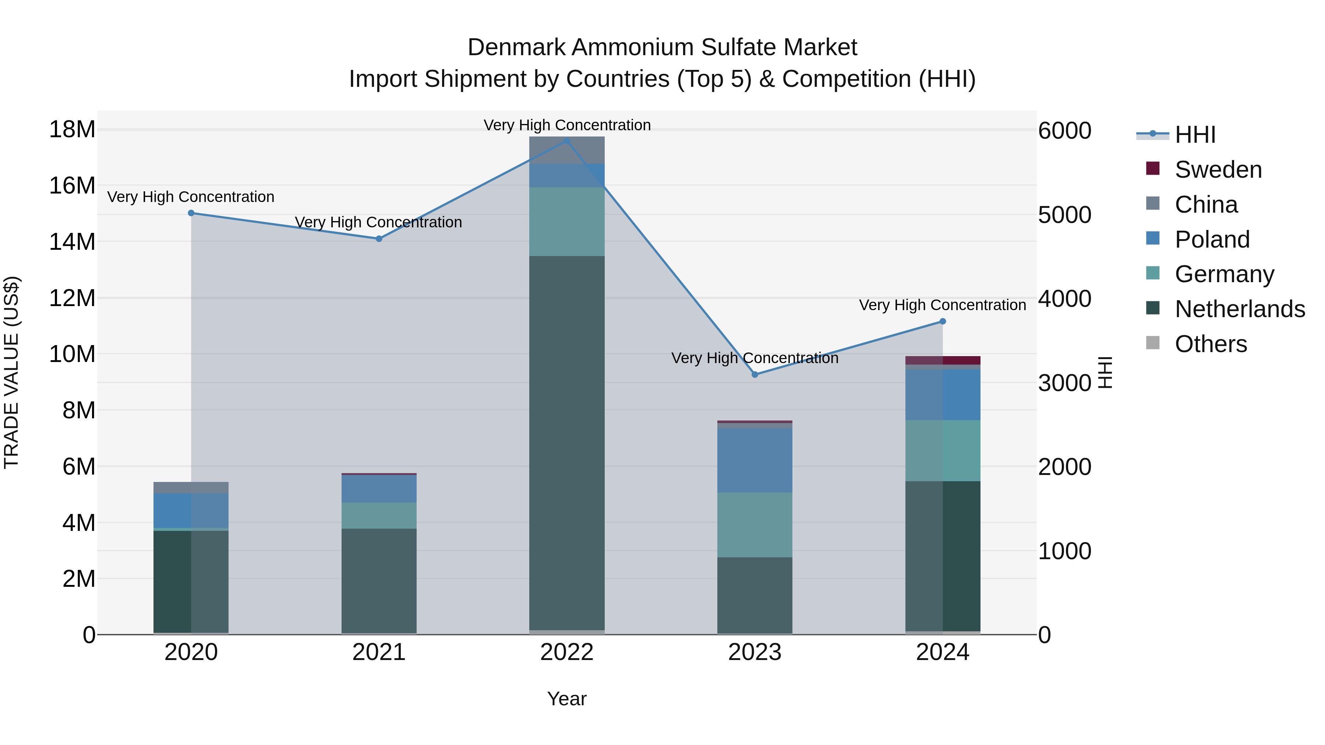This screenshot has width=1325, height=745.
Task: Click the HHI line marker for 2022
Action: [x=567, y=141]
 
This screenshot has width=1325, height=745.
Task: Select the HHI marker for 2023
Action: [x=755, y=374]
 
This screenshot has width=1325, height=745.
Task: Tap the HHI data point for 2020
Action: [x=191, y=213]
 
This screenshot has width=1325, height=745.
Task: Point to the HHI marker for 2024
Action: [x=942, y=321]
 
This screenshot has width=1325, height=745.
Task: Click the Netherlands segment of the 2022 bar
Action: [x=567, y=442]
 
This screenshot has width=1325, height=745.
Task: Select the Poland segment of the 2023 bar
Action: [x=755, y=460]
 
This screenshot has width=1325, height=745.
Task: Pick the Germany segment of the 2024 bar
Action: [x=942, y=450]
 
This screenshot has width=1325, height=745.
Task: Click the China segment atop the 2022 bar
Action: [x=567, y=150]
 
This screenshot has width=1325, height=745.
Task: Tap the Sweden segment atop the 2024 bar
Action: [x=942, y=360]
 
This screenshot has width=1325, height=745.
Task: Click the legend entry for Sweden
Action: [x=1218, y=170]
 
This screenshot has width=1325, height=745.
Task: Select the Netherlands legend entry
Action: [x=1240, y=309]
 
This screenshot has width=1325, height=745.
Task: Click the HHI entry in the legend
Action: [x=1195, y=135]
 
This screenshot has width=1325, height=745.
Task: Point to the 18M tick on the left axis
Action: [x=72, y=129]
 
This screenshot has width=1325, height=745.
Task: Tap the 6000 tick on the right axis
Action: [x=1064, y=131]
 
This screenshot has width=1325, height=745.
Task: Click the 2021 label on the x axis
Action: [x=379, y=652]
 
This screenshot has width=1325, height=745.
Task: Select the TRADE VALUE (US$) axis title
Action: [x=12, y=372]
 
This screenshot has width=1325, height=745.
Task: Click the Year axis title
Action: [x=567, y=699]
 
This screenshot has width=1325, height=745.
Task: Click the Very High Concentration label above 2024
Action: [x=942, y=305]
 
